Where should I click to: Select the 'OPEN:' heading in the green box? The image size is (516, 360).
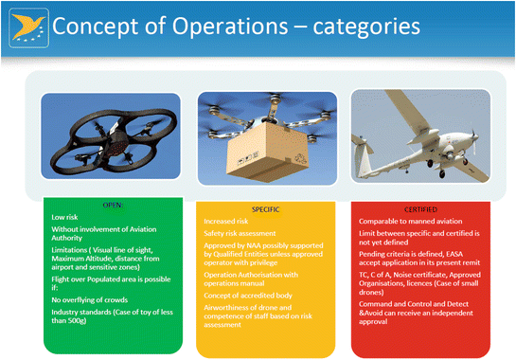98,205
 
